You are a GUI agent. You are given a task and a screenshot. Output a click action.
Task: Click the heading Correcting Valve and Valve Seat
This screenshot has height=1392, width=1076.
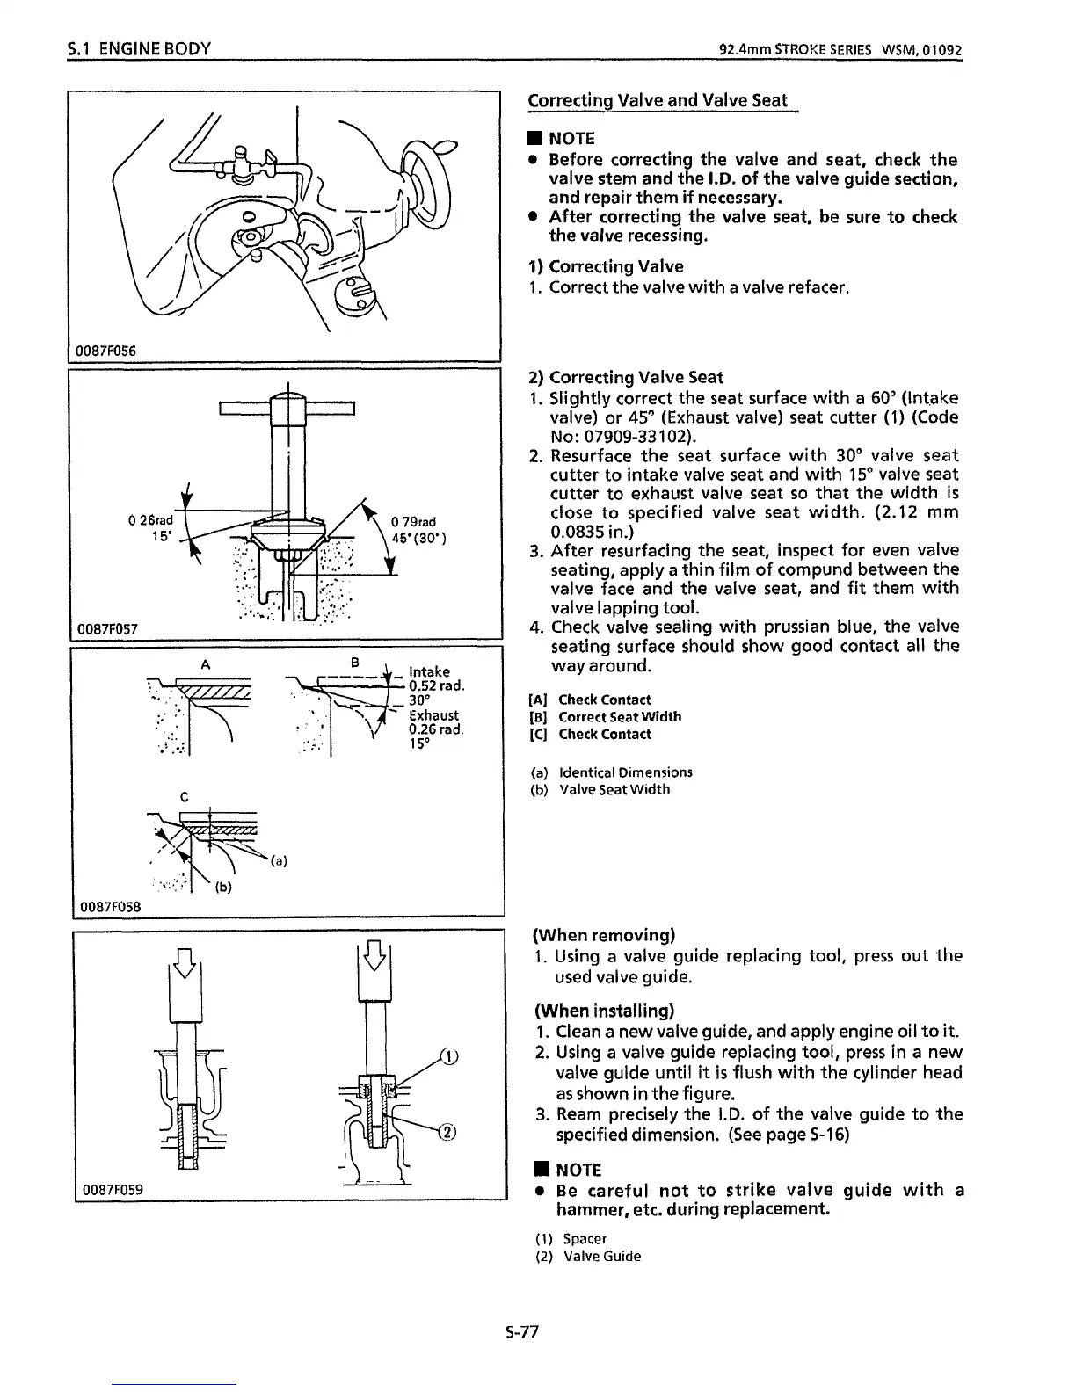click(658, 100)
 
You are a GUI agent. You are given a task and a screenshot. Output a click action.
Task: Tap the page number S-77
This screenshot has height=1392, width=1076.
click(521, 1332)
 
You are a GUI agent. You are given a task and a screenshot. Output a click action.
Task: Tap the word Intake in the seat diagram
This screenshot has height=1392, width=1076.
click(430, 672)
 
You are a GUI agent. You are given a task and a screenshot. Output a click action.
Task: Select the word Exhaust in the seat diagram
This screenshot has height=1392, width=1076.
click(434, 716)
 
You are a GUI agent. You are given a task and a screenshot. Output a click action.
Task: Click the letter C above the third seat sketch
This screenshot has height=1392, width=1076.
click(185, 798)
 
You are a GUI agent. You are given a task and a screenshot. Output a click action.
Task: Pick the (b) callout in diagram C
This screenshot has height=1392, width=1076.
click(223, 888)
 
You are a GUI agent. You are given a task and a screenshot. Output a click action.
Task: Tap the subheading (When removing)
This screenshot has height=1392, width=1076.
click(604, 934)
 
